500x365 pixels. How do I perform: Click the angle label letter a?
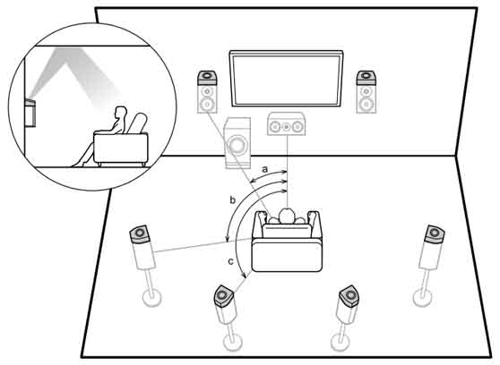tap(264, 169)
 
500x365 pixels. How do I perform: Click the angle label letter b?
tap(233, 200)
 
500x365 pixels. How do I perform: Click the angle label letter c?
tap(231, 262)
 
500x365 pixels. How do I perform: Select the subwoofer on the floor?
tap(237, 142)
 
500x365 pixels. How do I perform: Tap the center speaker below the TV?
tap(286, 123)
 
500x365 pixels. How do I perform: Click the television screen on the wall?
tap(286, 79)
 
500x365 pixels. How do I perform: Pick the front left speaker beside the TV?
tap(207, 92)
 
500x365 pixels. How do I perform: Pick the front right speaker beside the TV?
tap(366, 92)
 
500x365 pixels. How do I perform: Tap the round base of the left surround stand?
tap(152, 298)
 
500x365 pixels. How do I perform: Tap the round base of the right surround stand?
tap(422, 298)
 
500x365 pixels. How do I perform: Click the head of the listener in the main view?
tap(287, 216)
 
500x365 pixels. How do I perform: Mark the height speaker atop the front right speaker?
tap(366, 78)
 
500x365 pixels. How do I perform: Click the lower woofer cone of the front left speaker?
tap(207, 104)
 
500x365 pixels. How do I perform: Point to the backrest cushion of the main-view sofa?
tap(287, 231)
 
